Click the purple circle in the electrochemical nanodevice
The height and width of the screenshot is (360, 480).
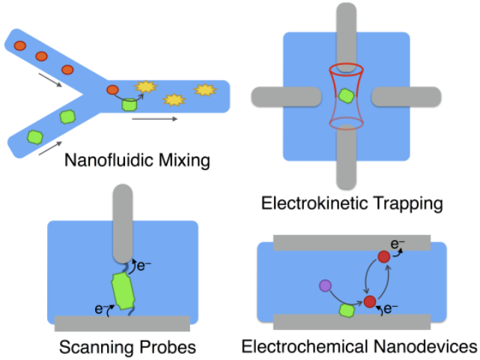[x=325, y=285]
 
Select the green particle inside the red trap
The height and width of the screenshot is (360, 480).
[x=346, y=96]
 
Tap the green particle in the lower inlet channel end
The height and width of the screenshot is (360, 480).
[x=34, y=136]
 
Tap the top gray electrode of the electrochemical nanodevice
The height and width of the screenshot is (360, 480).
[x=351, y=242]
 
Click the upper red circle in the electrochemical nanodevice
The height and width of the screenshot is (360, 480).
[x=384, y=257]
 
